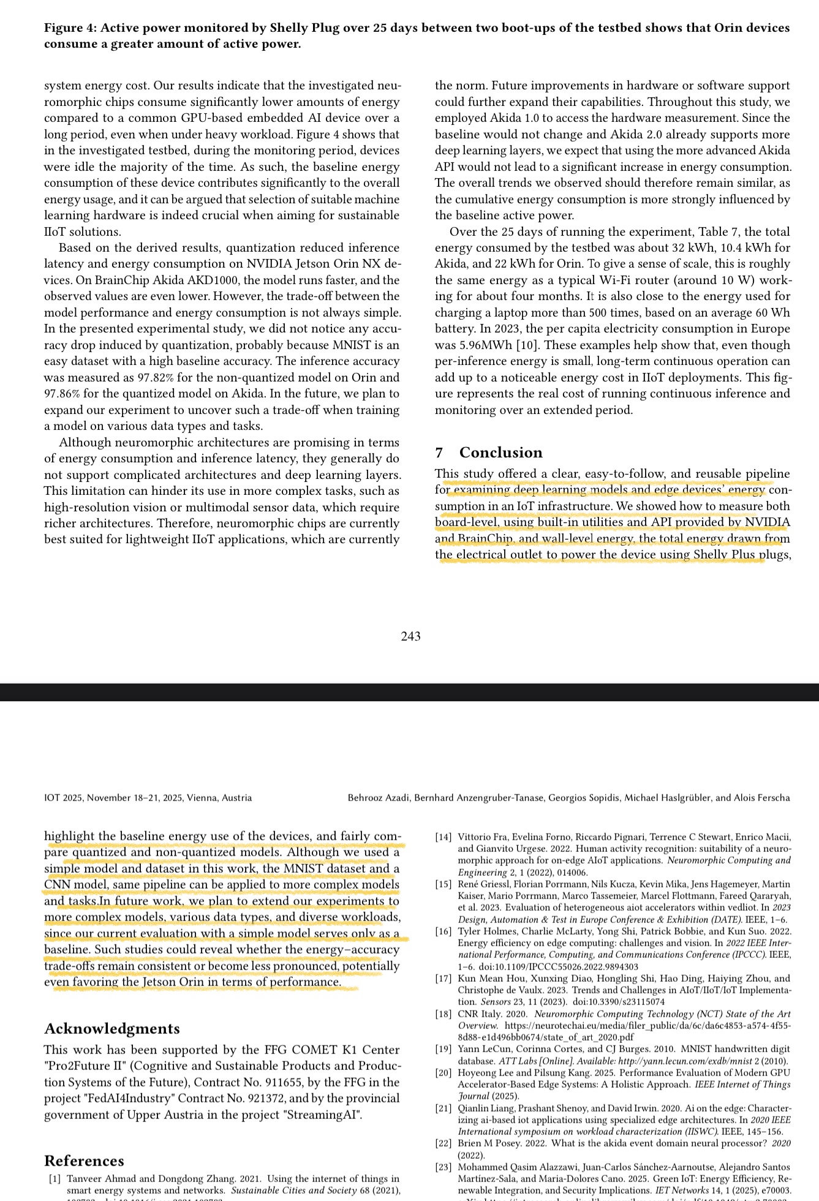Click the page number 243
(x=410, y=636)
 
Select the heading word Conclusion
(x=500, y=453)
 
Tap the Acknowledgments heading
(x=111, y=1028)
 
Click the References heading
(x=84, y=1161)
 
